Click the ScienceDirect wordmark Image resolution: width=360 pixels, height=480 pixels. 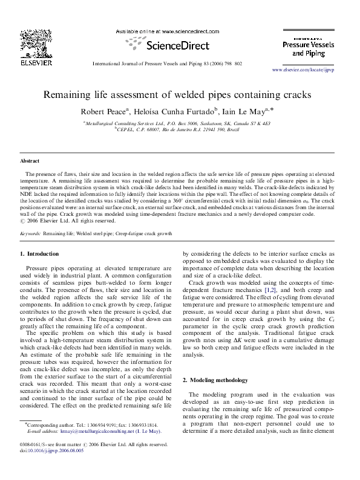(175, 45)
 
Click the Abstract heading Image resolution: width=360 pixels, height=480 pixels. (30, 161)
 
